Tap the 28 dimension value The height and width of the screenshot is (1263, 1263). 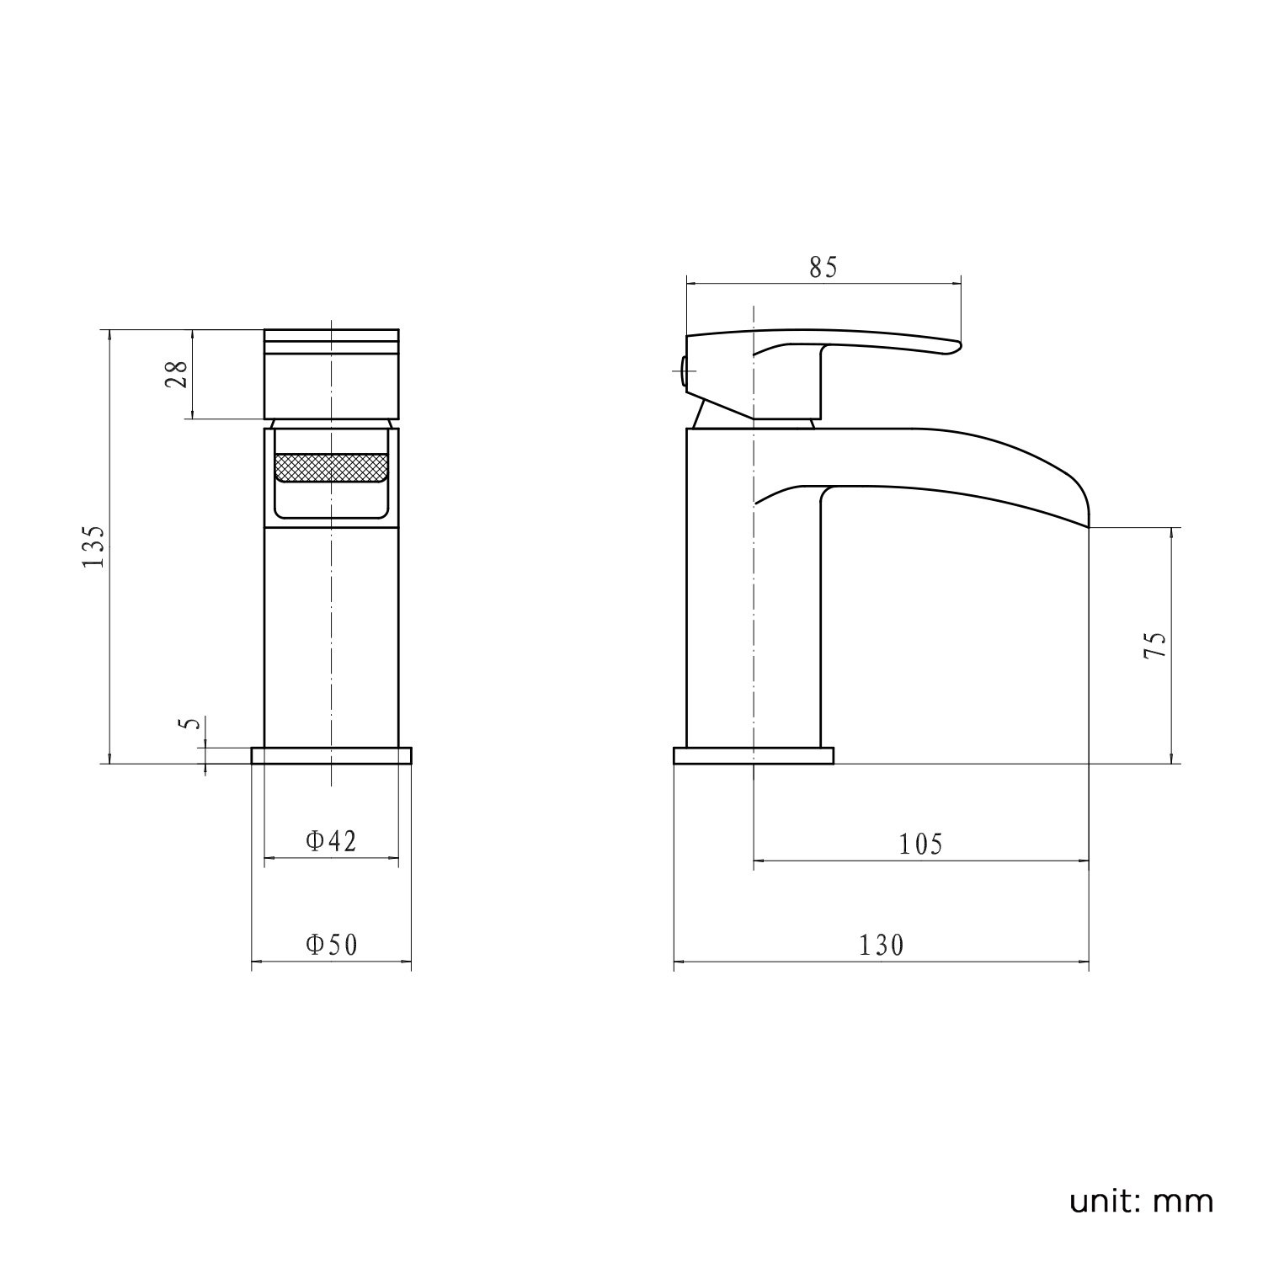pos(177,374)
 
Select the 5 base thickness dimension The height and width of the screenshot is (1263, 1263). pos(190,725)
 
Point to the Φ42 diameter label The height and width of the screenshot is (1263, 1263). pos(332,840)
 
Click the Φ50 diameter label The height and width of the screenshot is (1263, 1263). pos(332,945)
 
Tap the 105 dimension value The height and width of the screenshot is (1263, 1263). pos(921,844)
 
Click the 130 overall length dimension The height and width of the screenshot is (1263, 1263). pos(881,946)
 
